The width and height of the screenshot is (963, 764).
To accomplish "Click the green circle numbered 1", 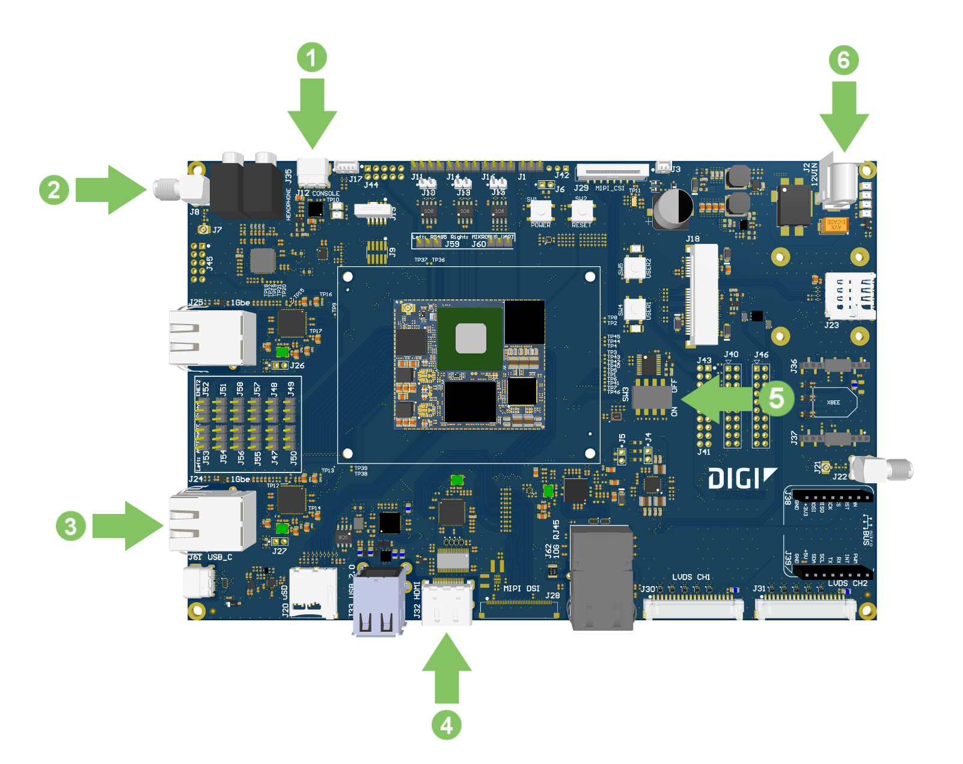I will [x=311, y=58].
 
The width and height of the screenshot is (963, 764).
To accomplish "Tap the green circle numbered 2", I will [x=54, y=190].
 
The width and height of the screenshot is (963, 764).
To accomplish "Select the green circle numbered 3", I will [x=71, y=526].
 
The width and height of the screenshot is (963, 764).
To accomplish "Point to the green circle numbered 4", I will [x=447, y=725].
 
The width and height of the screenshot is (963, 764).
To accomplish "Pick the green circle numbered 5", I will [x=777, y=398].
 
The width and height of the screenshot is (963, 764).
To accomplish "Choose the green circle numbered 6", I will [x=843, y=60].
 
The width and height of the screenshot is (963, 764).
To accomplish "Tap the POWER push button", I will [x=540, y=211].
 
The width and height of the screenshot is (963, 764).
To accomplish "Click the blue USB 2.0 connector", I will [x=378, y=601].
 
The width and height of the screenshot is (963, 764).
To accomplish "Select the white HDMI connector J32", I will [x=447, y=603].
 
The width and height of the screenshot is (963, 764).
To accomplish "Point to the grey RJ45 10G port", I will [x=602, y=577].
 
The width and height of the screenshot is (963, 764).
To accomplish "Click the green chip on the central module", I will [x=470, y=338].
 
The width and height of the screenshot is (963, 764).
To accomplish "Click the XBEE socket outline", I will [x=833, y=402].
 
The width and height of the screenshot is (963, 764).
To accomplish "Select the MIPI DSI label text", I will [x=521, y=588].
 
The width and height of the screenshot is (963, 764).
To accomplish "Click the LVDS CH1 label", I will [x=691, y=577].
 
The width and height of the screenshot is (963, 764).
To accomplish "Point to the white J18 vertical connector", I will [x=703, y=294].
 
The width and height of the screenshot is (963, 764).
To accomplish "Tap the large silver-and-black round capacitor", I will [x=674, y=207].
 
